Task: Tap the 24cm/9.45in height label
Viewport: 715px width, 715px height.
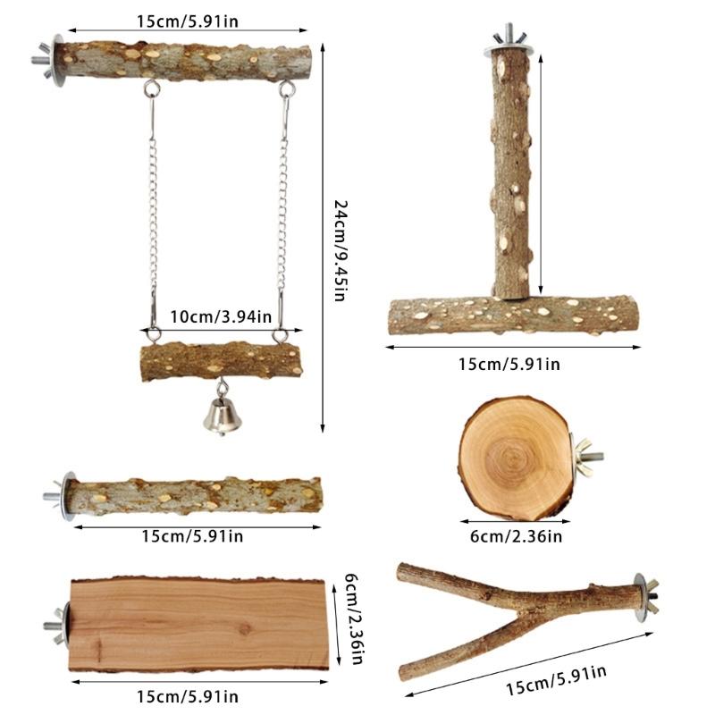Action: point(340,249)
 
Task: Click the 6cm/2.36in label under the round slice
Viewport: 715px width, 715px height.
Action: point(517,536)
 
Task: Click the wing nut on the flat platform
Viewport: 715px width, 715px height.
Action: point(53,626)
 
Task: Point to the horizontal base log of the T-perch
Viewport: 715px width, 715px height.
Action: point(515,316)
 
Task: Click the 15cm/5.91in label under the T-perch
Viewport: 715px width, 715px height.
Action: point(509,364)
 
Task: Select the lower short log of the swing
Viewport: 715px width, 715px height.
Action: point(222,362)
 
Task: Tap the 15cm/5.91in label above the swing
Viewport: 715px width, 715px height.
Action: point(188,21)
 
